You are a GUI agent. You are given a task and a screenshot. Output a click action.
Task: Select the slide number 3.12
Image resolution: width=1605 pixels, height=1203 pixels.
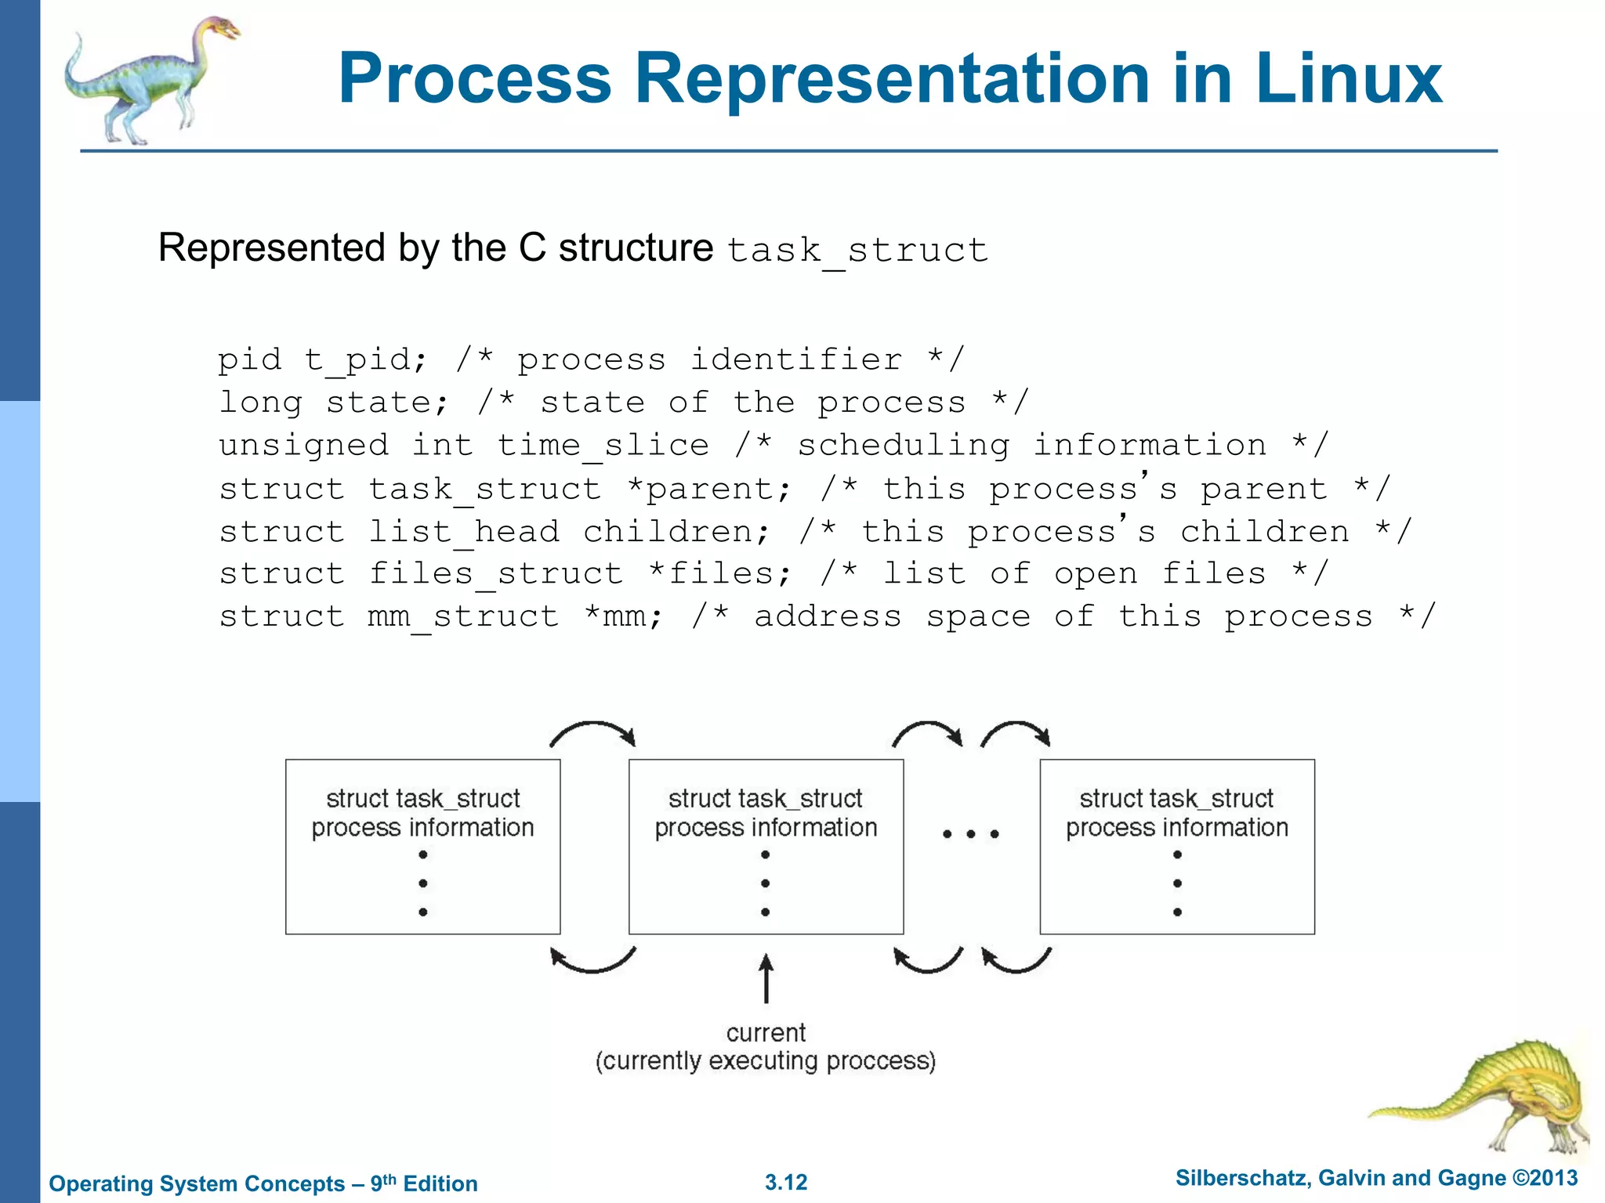click(786, 1183)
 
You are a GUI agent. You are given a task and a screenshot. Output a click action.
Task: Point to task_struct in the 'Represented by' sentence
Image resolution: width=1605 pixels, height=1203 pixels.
click(857, 251)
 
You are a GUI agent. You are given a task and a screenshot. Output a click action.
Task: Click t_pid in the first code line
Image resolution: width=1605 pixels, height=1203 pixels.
click(366, 360)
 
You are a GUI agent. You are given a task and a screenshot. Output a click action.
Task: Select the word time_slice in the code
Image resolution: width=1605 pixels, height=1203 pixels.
click(603, 446)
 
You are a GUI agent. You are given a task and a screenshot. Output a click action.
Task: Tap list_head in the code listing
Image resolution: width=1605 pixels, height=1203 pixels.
click(464, 532)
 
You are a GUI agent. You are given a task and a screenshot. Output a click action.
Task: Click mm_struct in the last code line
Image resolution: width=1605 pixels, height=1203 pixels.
click(463, 617)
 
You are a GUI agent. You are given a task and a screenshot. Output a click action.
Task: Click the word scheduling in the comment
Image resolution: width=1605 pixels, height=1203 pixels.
click(904, 446)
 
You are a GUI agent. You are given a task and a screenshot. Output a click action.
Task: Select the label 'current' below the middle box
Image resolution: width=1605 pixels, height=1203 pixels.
click(766, 1032)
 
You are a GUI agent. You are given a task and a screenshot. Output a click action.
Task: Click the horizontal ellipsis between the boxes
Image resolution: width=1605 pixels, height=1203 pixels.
click(970, 834)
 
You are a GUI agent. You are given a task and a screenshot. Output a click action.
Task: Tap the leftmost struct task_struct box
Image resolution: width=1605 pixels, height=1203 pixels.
click(423, 846)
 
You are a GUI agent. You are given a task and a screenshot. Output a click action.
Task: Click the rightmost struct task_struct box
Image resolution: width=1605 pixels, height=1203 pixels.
click(1177, 846)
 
